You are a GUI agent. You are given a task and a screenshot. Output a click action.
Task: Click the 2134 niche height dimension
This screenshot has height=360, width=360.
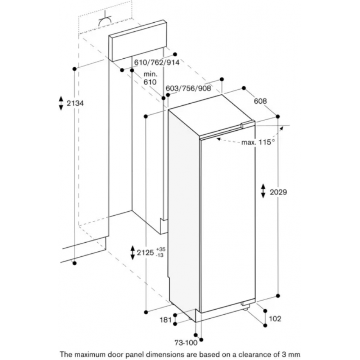click(x=75, y=103)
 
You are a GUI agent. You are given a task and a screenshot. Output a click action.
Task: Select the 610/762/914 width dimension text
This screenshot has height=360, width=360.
click(x=157, y=62)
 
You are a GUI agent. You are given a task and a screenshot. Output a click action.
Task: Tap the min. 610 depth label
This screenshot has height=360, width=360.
click(x=150, y=78)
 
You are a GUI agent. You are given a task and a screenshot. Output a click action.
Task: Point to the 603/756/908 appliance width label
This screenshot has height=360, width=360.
click(x=188, y=88)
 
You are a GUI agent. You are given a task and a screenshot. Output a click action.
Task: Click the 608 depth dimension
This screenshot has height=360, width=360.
click(x=260, y=101)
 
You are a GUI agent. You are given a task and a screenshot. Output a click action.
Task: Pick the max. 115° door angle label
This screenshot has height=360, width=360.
click(x=258, y=142)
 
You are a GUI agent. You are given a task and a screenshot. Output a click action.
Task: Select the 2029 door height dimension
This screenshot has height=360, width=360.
click(x=278, y=192)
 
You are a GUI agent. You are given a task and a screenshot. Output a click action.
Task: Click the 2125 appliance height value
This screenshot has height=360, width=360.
click(x=145, y=253)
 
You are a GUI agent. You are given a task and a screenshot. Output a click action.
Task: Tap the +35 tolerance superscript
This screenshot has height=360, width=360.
click(x=161, y=249)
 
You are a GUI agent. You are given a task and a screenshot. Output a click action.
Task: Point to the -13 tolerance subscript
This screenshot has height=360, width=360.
click(x=160, y=255)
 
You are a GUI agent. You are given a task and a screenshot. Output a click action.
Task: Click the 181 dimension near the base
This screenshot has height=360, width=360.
click(x=166, y=319)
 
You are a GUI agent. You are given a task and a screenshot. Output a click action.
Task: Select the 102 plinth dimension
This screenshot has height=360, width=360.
click(x=275, y=319)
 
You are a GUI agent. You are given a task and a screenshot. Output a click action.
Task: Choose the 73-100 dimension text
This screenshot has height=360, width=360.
click(x=186, y=343)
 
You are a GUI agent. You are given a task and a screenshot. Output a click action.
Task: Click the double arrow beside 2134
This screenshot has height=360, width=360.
click(x=61, y=103)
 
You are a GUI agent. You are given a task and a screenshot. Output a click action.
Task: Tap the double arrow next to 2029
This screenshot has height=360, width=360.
click(x=264, y=190)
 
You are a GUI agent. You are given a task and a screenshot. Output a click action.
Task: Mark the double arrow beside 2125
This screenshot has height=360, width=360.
click(x=132, y=253)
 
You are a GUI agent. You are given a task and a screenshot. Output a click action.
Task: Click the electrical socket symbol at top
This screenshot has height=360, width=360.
click(x=105, y=21)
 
